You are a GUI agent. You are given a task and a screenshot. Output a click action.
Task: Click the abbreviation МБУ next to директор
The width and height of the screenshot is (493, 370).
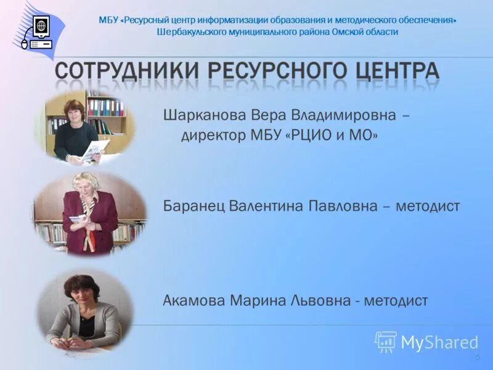coord(269,136)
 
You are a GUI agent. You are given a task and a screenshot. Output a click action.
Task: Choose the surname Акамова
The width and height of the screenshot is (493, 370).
coord(194,301)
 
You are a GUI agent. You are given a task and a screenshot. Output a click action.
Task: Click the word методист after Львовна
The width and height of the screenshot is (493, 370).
coord(396,301)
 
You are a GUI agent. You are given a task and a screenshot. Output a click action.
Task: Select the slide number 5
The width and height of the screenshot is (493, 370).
coord(477,358)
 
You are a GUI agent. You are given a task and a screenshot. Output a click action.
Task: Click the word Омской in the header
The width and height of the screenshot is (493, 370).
coord(348,31)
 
